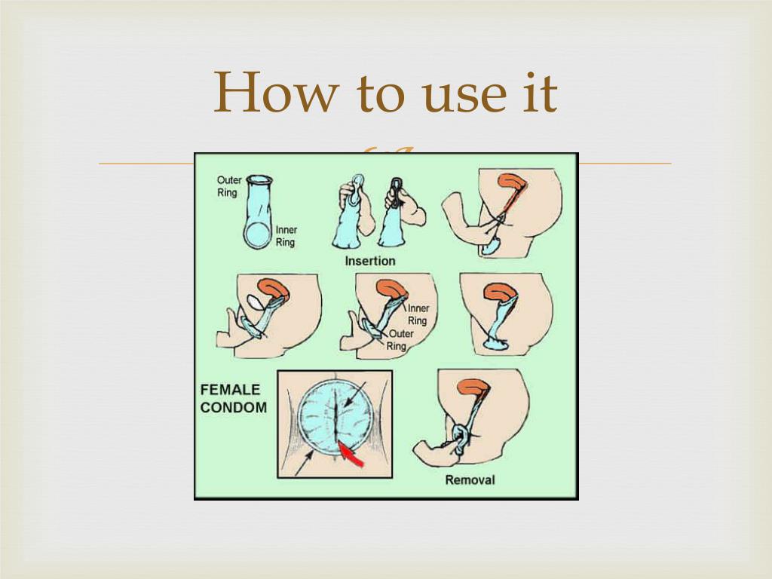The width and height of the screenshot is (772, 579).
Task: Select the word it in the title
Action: click(540, 93)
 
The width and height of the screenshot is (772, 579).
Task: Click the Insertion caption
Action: click(369, 261)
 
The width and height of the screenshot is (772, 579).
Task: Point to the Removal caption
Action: click(470, 479)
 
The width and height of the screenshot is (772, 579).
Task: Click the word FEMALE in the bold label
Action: click(230, 390)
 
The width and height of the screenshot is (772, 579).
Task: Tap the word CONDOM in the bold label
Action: click(234, 408)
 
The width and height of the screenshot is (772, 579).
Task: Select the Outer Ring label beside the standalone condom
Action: click(229, 186)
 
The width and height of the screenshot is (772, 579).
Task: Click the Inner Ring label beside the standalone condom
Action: click(286, 236)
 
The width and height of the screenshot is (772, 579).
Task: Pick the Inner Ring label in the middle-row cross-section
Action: click(418, 314)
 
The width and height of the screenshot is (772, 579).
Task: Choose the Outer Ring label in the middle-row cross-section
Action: click(400, 340)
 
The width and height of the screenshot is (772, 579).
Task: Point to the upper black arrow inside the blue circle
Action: click(355, 394)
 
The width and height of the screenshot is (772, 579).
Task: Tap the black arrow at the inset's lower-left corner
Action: click(304, 464)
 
